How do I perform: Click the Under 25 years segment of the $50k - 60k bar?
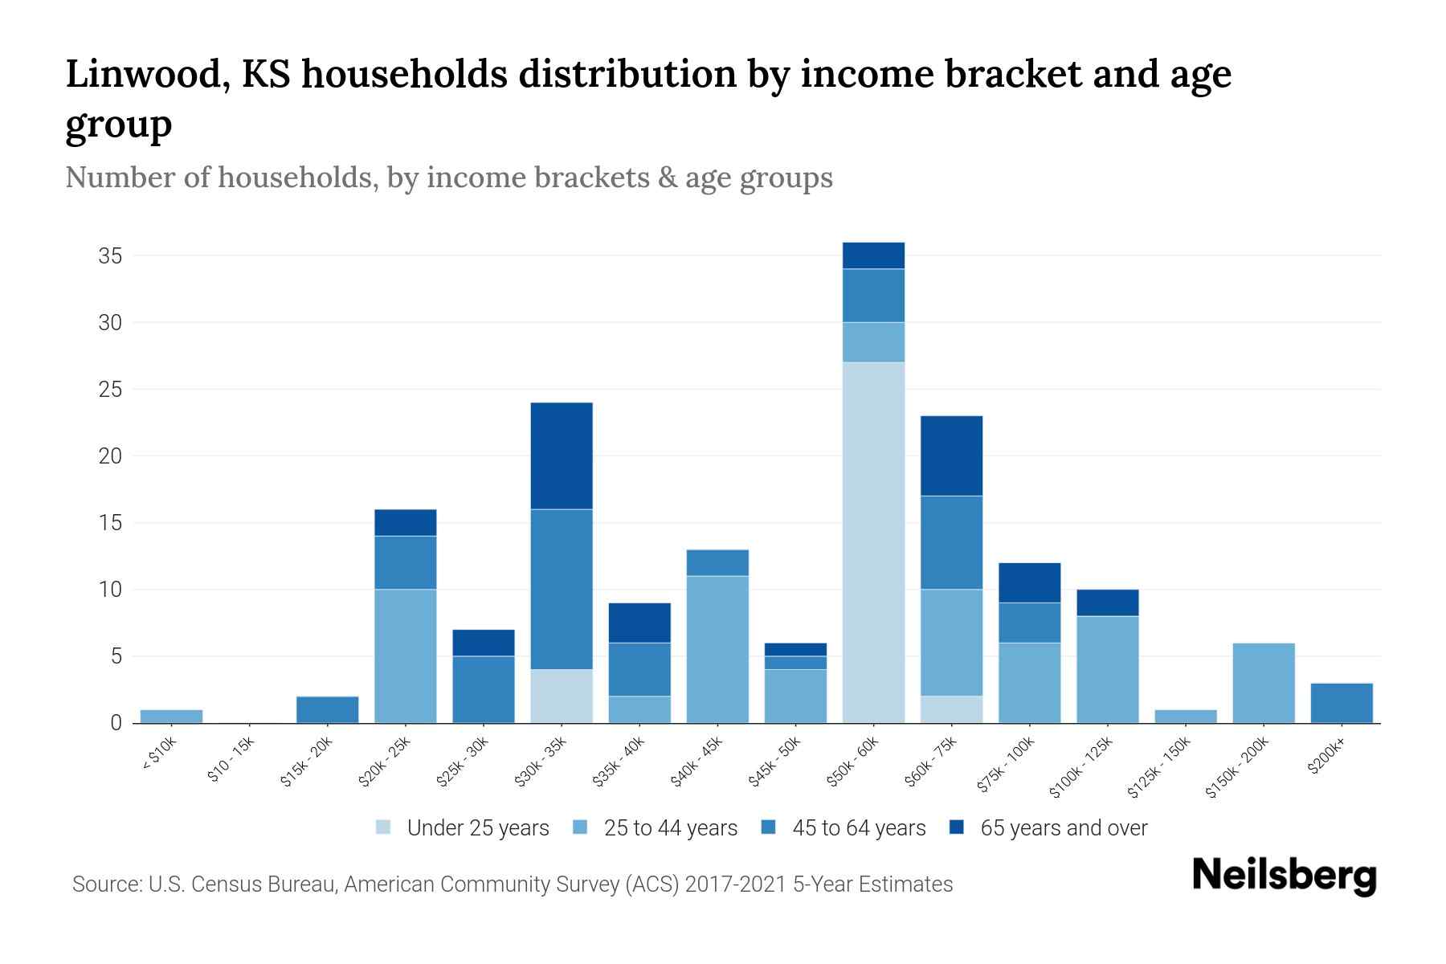point(873,542)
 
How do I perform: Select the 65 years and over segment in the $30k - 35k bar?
point(562,455)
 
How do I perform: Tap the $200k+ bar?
point(1341,703)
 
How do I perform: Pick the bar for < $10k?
point(171,716)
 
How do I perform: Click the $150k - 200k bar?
point(1263,683)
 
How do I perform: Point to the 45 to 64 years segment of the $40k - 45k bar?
point(717,562)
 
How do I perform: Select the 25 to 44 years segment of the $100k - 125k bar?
point(1107,669)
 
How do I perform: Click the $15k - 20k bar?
point(327,709)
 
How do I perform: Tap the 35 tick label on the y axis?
point(110,256)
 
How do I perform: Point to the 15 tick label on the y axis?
point(110,523)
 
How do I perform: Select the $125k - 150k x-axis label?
point(1161,767)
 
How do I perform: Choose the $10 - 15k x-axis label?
point(231,761)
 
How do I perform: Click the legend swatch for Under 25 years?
point(384,827)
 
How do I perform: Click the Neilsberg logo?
point(1284,876)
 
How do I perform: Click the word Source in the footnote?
point(105,884)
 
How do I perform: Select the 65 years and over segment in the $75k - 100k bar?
point(1029,582)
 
